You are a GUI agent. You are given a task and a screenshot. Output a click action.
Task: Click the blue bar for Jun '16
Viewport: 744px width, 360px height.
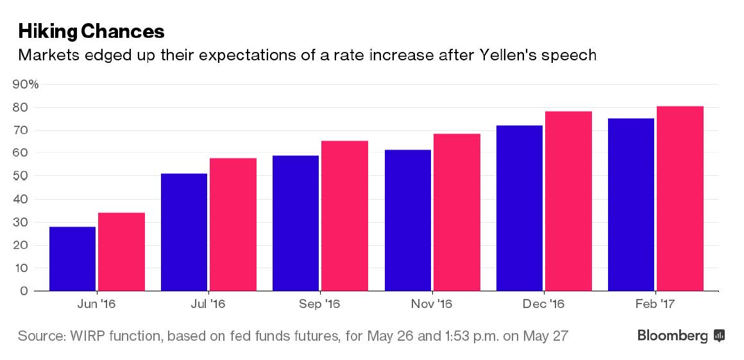[72, 259]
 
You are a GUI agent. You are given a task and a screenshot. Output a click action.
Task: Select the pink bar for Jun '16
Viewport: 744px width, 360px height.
[121, 252]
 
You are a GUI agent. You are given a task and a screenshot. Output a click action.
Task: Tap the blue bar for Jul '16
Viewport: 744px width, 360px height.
[184, 232]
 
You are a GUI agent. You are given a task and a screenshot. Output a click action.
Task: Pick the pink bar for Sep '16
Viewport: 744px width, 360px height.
[344, 216]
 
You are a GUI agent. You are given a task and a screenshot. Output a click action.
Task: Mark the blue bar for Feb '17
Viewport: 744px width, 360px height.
[631, 205]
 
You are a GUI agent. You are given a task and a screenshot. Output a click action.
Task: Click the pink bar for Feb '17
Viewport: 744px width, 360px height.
[680, 198]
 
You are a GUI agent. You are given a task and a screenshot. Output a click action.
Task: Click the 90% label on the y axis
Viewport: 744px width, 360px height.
[26, 84]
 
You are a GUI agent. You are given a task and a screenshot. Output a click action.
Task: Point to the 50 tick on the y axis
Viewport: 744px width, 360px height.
[22, 176]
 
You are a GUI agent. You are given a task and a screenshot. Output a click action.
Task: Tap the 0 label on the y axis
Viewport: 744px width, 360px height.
[24, 291]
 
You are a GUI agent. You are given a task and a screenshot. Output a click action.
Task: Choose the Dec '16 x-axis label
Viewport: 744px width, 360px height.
[544, 304]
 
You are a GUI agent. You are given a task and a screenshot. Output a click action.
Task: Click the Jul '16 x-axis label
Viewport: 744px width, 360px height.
[208, 304]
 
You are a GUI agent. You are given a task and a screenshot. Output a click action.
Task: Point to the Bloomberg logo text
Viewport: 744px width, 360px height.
[672, 336]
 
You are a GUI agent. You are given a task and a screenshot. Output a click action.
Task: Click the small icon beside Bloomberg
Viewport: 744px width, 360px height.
[719, 336]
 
